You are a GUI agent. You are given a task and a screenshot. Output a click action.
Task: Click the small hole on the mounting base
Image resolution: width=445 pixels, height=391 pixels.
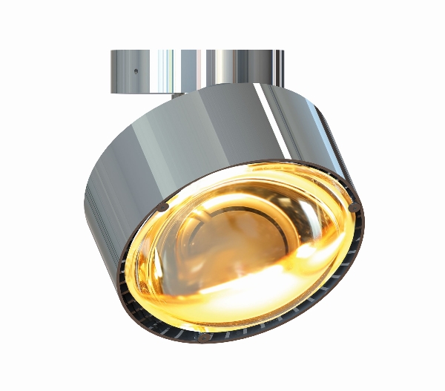click(136, 72)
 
